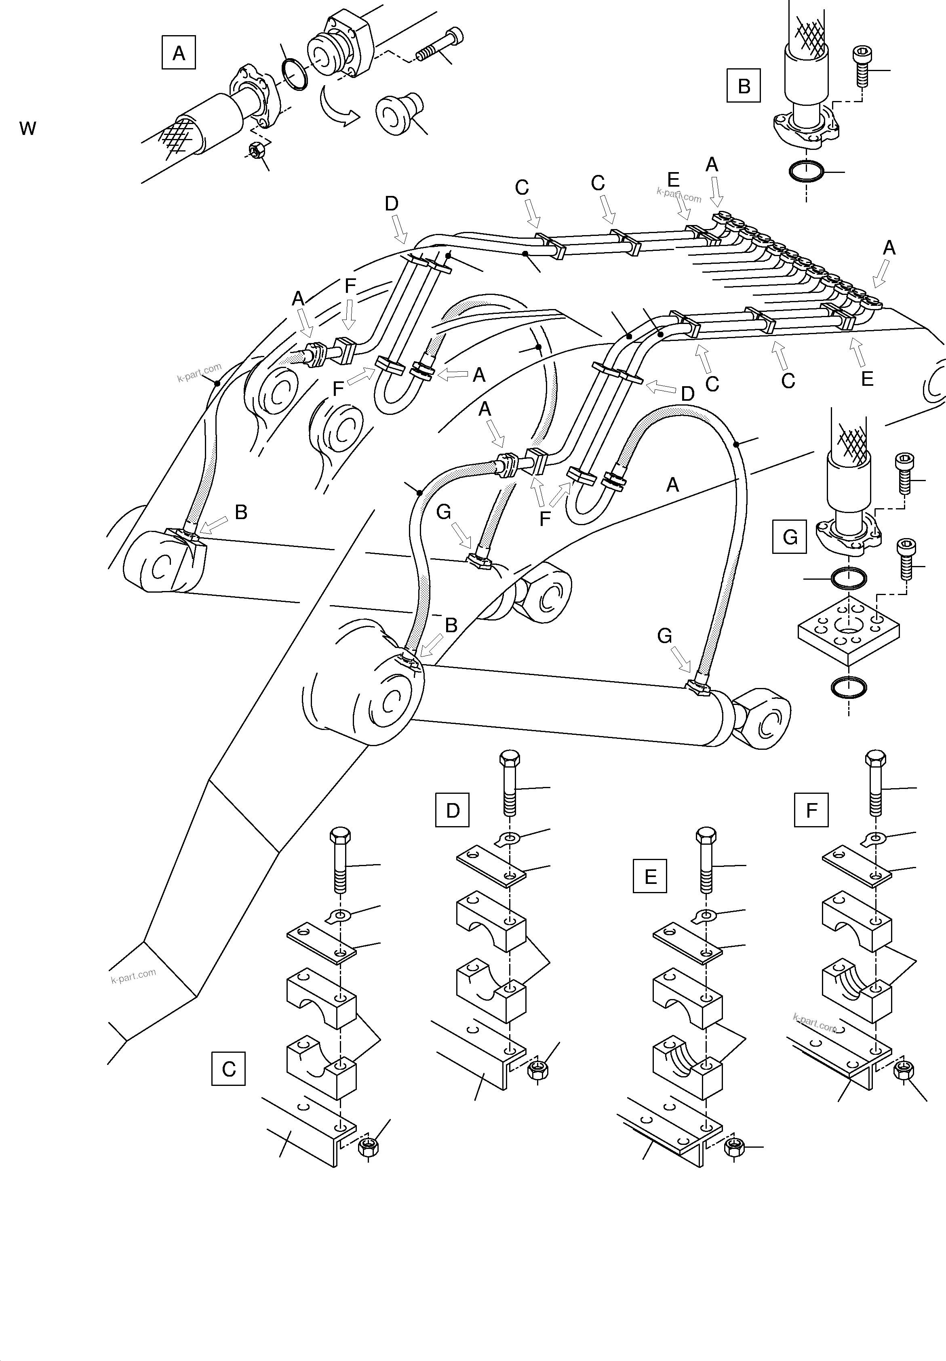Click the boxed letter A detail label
(179, 53)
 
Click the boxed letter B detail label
(743, 86)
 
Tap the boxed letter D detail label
(452, 810)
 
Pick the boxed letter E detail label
(650, 876)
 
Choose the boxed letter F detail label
(811, 810)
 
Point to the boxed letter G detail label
(790, 537)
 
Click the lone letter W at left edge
(28, 128)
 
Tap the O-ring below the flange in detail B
(806, 172)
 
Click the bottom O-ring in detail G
(849, 687)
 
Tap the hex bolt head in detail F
(875, 759)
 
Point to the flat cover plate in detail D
(491, 865)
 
